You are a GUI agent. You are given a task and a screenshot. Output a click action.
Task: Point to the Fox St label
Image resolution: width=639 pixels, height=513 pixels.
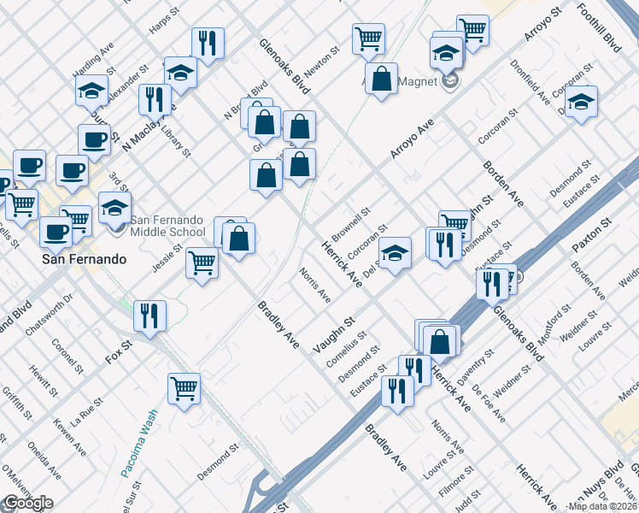pos(120,351)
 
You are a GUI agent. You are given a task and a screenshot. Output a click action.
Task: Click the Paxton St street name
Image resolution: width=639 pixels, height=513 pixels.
pos(592,233)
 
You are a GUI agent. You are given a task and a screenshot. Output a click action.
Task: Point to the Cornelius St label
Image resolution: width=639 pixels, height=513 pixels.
pos(346,348)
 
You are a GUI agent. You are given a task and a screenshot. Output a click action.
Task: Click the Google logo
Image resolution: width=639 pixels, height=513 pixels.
pos(27,503)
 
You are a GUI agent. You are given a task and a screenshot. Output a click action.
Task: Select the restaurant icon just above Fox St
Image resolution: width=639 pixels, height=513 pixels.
pos(150,315)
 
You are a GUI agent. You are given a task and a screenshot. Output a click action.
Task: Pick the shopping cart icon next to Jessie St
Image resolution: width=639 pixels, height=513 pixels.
pos(202,262)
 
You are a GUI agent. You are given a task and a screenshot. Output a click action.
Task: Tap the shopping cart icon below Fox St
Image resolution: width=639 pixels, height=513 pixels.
pos(184,388)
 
